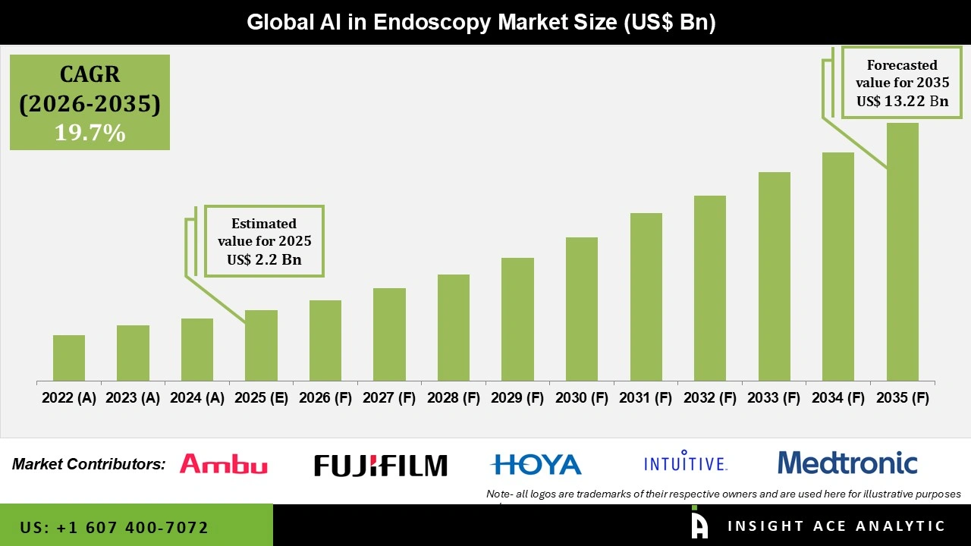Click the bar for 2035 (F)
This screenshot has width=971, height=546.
point(902,252)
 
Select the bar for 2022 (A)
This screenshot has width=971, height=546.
point(69,358)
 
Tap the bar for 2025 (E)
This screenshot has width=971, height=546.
point(261,345)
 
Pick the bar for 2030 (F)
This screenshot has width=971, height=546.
point(582,309)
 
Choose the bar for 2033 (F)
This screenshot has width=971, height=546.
point(774,276)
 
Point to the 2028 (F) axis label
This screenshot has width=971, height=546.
point(454,398)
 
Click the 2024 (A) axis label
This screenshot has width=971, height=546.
point(197,398)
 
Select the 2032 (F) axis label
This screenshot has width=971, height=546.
point(710,398)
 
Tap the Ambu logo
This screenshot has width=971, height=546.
point(223,464)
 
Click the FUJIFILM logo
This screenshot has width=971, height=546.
point(381,465)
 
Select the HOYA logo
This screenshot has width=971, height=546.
point(536,464)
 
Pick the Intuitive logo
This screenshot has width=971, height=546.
point(685,463)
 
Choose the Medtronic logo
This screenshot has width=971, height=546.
point(847,463)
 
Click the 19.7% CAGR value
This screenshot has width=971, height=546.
point(90,133)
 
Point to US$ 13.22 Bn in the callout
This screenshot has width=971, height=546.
point(902,101)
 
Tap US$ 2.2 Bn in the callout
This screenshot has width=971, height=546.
point(264,259)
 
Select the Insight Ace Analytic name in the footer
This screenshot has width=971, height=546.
point(836,526)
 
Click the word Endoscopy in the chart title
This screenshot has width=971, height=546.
point(430,23)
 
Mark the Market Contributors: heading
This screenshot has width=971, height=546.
point(89,464)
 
